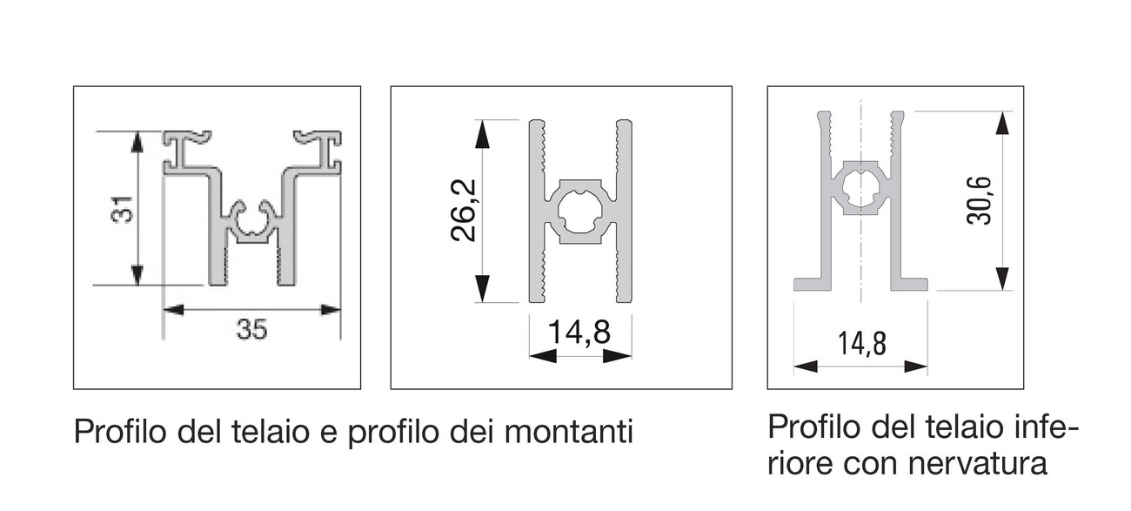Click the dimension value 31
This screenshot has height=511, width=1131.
click(x=122, y=209)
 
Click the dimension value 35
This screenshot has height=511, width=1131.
click(x=251, y=330)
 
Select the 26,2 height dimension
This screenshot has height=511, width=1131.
click(x=464, y=210)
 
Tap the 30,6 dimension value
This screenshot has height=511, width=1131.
click(x=979, y=200)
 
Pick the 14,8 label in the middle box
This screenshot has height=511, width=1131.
click(x=579, y=332)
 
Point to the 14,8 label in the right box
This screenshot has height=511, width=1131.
click(x=862, y=344)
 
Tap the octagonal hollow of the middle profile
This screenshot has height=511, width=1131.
click(x=580, y=212)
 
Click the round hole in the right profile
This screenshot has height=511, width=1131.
click(x=861, y=187)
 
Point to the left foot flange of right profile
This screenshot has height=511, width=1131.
click(x=813, y=284)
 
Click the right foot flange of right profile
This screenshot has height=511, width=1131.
click(x=909, y=284)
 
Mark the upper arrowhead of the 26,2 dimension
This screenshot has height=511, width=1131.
click(x=482, y=134)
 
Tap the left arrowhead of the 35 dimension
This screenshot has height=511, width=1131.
click(x=173, y=309)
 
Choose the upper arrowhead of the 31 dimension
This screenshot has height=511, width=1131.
click(x=137, y=142)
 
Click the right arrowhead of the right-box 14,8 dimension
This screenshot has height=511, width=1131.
click(x=916, y=366)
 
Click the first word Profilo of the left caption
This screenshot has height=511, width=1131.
click(x=120, y=432)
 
